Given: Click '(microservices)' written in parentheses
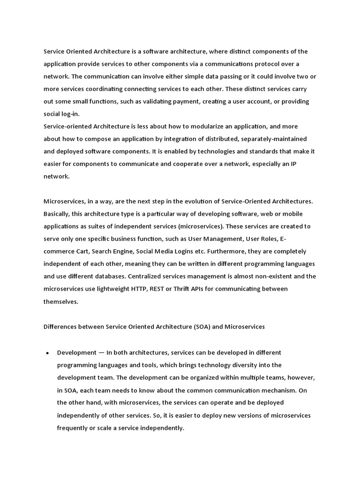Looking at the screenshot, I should pos(183,226).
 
